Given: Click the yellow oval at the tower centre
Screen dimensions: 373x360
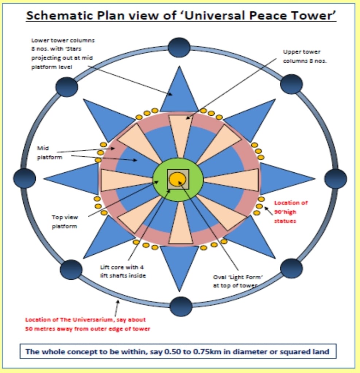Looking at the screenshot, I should (178, 178).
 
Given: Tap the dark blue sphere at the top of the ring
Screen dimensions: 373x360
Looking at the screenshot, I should (179, 47).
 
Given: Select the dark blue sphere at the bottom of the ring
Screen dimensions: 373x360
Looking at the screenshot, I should (181, 307).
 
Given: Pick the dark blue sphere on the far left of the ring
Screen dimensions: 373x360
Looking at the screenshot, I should (24, 178).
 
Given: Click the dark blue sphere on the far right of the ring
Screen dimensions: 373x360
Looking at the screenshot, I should (335, 178).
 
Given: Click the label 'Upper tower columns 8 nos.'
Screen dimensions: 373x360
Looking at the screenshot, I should (305, 56).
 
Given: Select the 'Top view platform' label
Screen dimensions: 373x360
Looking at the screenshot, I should (65, 221).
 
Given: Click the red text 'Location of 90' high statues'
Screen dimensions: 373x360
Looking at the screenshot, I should (291, 212).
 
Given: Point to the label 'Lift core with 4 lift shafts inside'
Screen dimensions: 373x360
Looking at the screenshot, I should (123, 271).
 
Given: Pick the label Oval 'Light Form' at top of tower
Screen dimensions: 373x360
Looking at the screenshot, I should (239, 281).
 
